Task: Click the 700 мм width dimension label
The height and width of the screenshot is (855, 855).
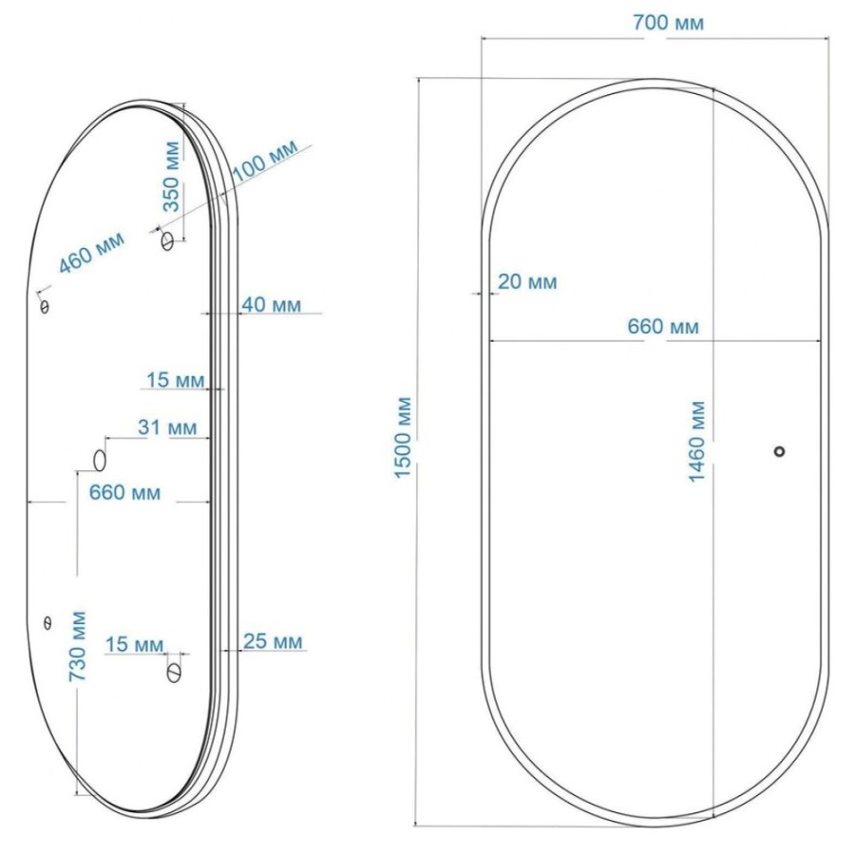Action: [668, 23]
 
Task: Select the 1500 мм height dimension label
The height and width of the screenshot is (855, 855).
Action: [403, 438]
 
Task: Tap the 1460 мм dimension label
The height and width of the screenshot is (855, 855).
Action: [697, 442]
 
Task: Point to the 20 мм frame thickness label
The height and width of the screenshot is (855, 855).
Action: [527, 282]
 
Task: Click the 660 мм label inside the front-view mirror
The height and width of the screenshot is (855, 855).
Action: [662, 327]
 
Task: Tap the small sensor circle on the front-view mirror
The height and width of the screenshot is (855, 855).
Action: [780, 451]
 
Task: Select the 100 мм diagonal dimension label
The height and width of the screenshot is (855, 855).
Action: [266, 160]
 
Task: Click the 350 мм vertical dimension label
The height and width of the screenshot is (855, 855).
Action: [171, 176]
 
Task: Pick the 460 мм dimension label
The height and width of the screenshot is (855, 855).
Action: [91, 253]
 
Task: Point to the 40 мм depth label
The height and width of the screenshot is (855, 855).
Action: [271, 304]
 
